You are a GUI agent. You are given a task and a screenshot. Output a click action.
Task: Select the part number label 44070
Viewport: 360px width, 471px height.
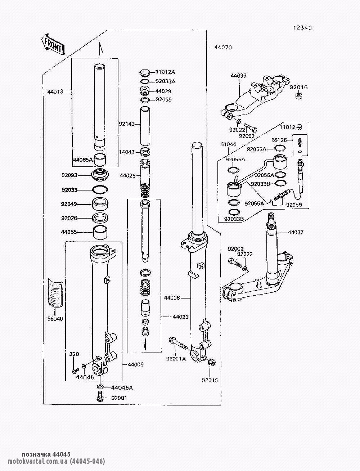223,47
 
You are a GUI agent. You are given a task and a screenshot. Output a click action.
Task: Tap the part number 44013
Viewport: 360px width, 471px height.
55,91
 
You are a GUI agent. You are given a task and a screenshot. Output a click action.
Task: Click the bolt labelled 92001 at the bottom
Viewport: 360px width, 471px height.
100,398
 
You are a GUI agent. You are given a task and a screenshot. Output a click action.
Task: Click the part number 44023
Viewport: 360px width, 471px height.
181,317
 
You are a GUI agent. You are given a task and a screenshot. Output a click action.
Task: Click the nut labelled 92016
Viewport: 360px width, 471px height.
298,97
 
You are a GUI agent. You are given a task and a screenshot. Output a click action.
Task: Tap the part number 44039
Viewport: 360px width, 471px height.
238,76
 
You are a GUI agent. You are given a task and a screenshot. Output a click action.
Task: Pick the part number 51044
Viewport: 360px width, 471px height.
228,144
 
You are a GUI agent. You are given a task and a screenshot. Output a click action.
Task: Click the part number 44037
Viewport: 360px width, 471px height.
296,232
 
